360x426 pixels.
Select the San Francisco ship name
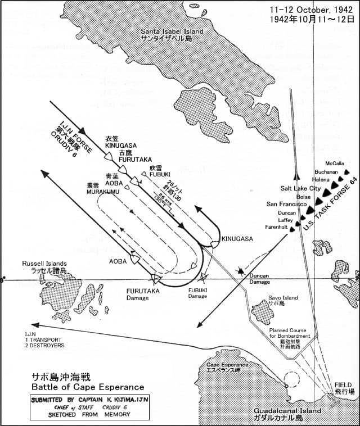(287, 205)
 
